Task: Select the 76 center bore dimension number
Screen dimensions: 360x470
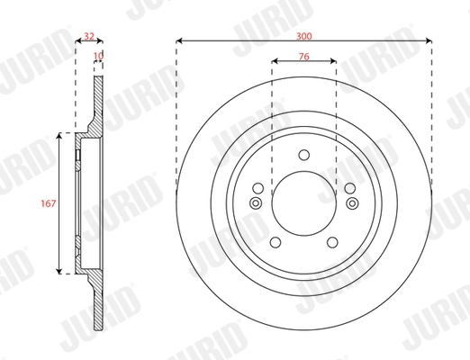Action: pos(303,57)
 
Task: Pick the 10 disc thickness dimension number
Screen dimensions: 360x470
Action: pos(97,56)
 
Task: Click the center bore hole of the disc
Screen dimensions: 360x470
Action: pos(304,202)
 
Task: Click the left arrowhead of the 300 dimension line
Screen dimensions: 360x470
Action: pos(180,40)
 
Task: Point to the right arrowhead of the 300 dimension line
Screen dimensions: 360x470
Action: pos(429,40)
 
